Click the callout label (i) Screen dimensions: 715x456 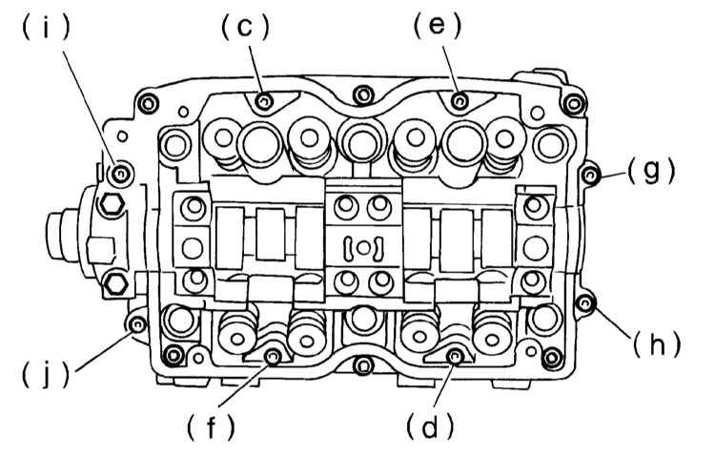[46, 29]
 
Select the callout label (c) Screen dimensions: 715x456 [245, 27]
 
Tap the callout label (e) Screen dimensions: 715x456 [438, 26]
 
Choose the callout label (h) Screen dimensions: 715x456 [656, 343]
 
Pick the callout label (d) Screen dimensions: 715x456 [430, 426]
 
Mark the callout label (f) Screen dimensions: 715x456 [211, 427]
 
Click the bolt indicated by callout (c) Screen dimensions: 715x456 [264, 101]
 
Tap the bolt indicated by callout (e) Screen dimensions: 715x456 [460, 101]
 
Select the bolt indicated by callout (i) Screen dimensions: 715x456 [120, 174]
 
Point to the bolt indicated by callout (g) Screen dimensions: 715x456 [589, 175]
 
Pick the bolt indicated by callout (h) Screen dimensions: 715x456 [584, 302]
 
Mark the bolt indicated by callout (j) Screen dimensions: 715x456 [136, 325]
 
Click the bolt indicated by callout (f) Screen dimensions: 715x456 [273, 357]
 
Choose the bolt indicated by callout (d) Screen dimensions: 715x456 [454, 356]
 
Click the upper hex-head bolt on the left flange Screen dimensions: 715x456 [112, 204]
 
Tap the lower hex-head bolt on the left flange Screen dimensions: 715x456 [115, 285]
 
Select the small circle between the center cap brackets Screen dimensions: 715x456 [363, 248]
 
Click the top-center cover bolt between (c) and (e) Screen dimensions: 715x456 [363, 95]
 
